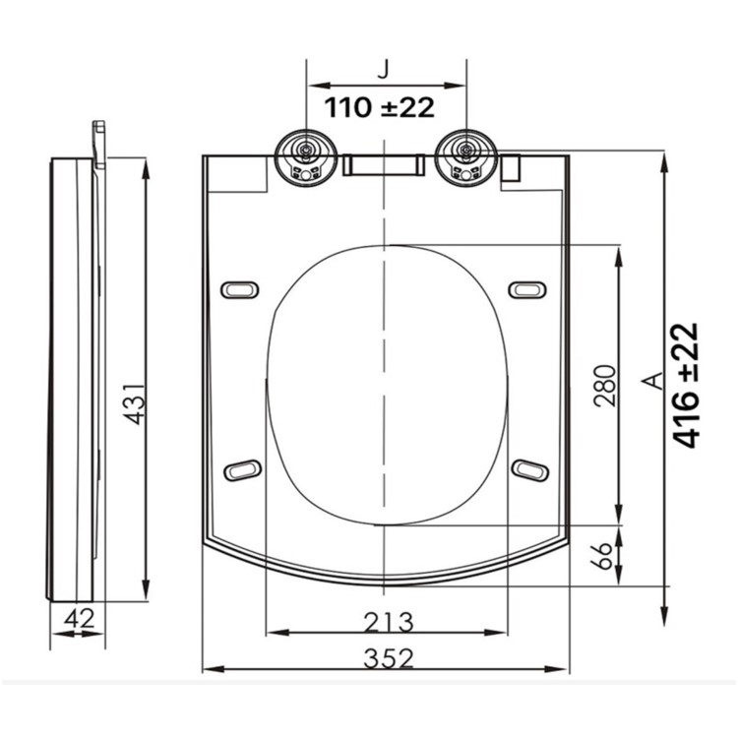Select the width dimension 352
[387, 657]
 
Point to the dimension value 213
[387, 622]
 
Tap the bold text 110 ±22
[380, 106]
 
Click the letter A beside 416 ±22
[647, 382]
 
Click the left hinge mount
[307, 157]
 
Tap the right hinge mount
[464, 157]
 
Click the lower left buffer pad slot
[242, 470]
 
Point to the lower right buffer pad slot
[528, 469]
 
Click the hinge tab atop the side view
[99, 144]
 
